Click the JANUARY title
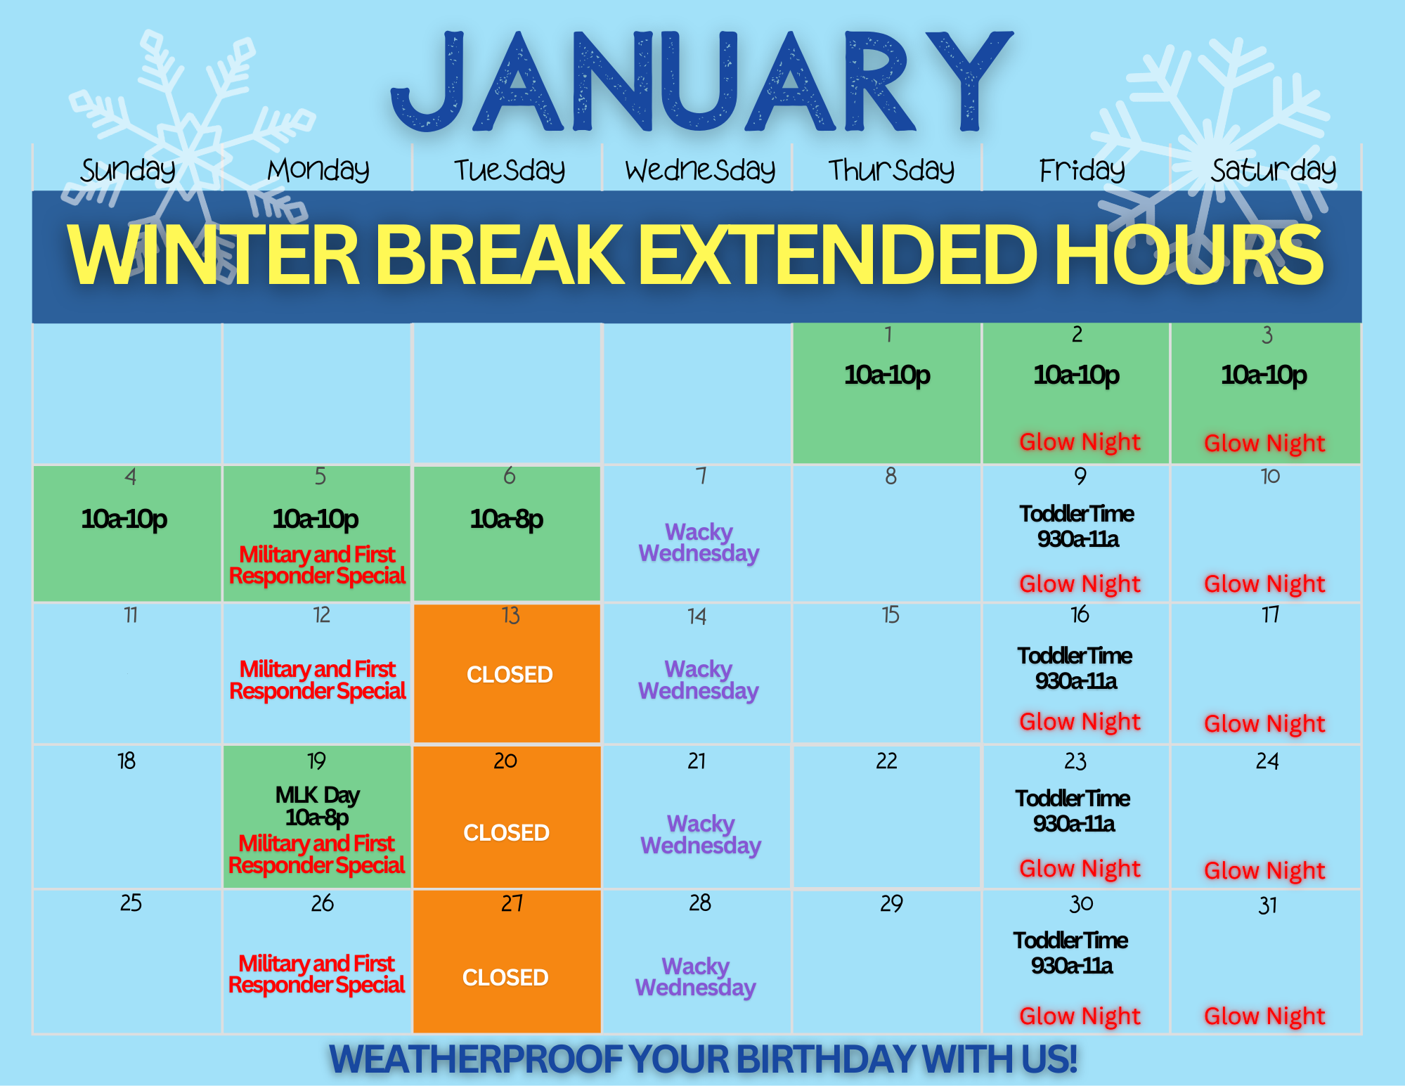[x=701, y=81]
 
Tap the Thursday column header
[x=891, y=169]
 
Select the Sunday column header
[x=128, y=170]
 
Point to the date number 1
[x=888, y=335]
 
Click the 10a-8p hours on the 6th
[x=507, y=519]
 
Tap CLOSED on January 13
[x=510, y=675]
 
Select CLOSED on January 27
[x=505, y=977]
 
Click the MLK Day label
[x=318, y=795]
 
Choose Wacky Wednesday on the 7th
[x=699, y=543]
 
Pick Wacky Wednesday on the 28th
[x=696, y=977]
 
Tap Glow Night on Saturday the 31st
[x=1264, y=1016]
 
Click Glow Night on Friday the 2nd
[x=1080, y=442]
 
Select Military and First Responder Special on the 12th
[x=318, y=680]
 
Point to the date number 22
[x=886, y=761]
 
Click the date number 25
[x=131, y=903]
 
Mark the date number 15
[x=890, y=615]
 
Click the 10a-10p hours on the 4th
[x=124, y=519]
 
